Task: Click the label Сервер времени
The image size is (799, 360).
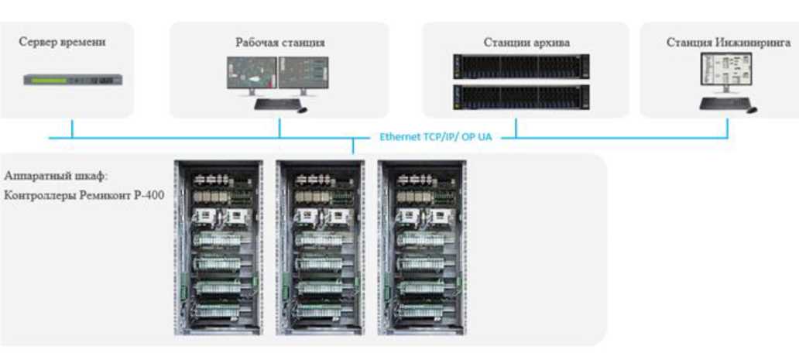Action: tap(62, 42)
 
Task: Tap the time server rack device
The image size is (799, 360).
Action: tap(72, 79)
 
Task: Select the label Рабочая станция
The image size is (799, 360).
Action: tap(279, 42)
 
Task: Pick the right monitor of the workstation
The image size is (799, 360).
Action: tap(303, 75)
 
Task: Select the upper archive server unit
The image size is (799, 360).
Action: tap(520, 67)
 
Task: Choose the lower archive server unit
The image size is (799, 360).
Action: tap(520, 96)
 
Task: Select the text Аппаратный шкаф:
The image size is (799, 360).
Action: tap(57, 176)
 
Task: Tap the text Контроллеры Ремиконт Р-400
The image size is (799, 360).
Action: tap(84, 196)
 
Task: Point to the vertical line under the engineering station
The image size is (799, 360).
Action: tap(728, 128)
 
